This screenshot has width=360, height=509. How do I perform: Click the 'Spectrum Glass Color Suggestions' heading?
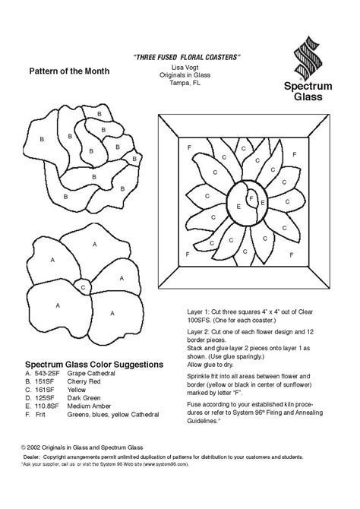tap(94, 363)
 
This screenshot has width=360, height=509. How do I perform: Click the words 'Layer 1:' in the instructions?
tap(199, 311)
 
